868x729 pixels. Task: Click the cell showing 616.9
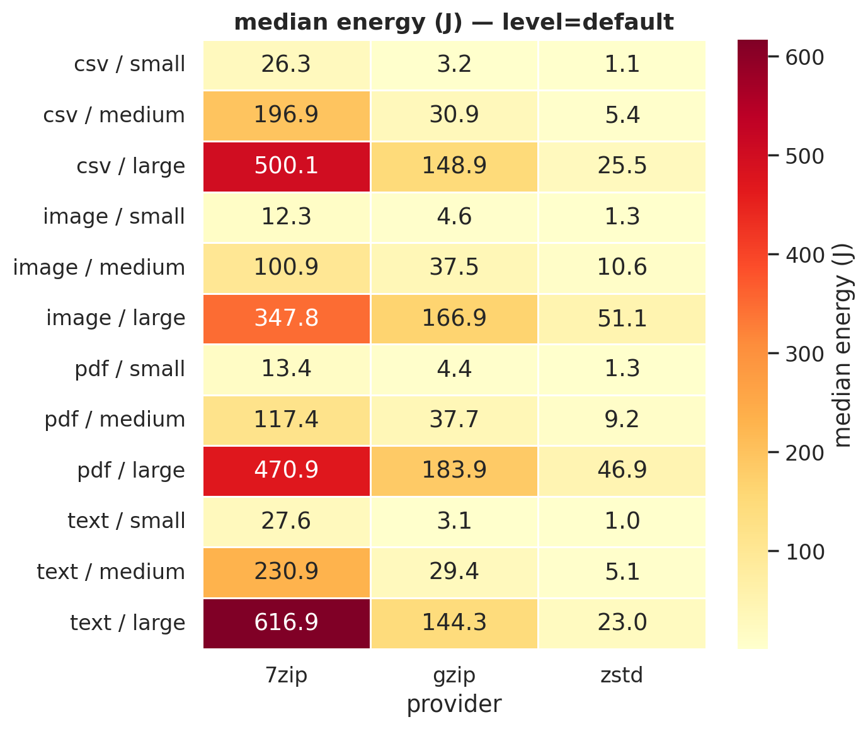click(x=286, y=623)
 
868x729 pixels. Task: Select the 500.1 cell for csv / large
click(x=286, y=166)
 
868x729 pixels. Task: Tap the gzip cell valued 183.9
click(x=454, y=470)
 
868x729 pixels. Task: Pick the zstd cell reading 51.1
click(x=622, y=318)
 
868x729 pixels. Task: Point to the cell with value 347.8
click(x=286, y=318)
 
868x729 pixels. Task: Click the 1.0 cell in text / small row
click(x=622, y=521)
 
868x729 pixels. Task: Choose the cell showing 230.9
click(x=286, y=571)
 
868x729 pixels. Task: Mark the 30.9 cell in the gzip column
click(x=454, y=115)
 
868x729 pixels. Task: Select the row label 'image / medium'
click(x=99, y=267)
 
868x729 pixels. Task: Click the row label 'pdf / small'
click(x=130, y=369)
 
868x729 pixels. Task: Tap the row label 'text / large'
click(x=127, y=623)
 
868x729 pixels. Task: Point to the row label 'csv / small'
click(x=129, y=64)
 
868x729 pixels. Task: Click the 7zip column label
click(x=286, y=675)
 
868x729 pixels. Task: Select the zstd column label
click(x=622, y=675)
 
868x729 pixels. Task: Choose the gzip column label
click(x=454, y=675)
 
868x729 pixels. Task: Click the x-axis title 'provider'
click(x=454, y=704)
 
